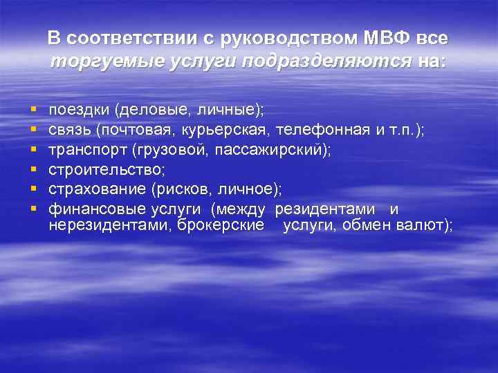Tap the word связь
71,131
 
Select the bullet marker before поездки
33,110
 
